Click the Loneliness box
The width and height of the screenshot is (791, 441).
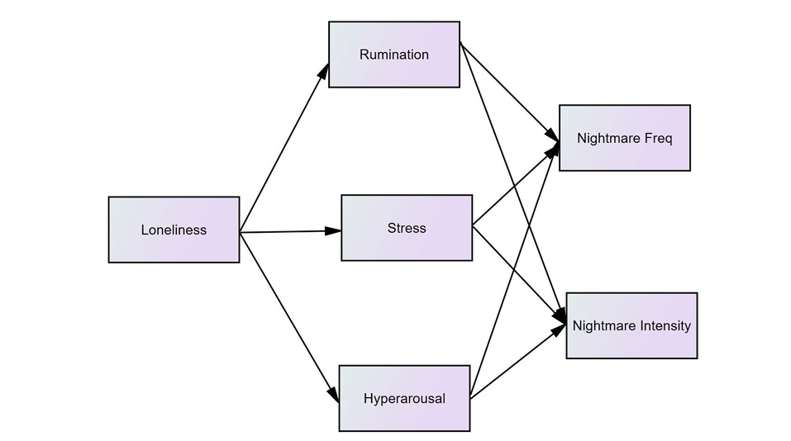(174, 230)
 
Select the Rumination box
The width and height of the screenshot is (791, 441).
(393, 55)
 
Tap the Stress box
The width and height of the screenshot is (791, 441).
(407, 228)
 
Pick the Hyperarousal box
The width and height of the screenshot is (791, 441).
(404, 398)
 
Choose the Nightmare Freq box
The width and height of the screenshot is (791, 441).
(624, 138)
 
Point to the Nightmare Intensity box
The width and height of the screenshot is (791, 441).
(631, 325)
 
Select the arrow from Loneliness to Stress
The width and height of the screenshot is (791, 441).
(289, 232)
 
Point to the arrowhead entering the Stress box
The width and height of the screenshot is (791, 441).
(334, 230)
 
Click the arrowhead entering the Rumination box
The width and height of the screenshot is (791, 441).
(325, 71)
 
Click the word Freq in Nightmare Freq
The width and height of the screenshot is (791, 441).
(659, 138)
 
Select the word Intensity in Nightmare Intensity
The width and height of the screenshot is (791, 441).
(661, 325)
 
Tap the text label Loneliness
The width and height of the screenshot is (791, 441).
(174, 230)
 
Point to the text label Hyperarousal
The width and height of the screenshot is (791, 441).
(404, 399)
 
